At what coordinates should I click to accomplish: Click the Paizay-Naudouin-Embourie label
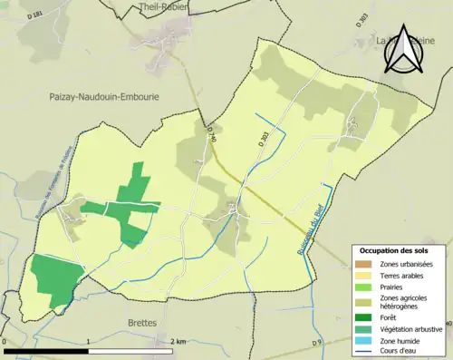(100, 94)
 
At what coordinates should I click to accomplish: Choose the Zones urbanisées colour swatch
(364, 263)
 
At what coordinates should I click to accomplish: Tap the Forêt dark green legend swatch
(364, 316)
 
